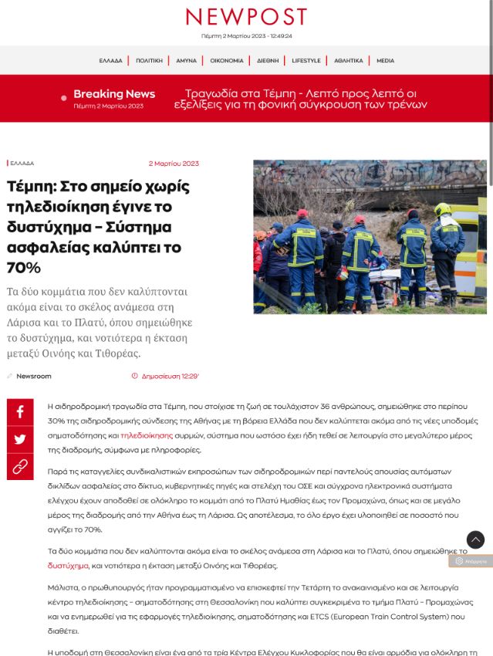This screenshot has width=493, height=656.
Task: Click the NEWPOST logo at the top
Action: coord(246,17)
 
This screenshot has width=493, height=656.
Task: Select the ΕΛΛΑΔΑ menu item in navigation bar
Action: coord(110,60)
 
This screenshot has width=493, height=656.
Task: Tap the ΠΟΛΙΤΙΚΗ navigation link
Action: coord(149,60)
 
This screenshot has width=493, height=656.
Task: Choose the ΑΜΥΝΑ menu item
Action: coord(186,60)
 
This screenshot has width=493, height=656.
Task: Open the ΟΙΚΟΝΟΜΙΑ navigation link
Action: coord(227,60)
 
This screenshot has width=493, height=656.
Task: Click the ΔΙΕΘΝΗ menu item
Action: coord(268,60)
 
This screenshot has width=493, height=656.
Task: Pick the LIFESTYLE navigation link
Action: coord(306,60)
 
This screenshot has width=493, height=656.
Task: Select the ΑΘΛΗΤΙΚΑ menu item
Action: coord(349,60)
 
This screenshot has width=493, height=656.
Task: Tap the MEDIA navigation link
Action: coord(385,60)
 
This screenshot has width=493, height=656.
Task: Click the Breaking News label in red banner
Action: coord(114,94)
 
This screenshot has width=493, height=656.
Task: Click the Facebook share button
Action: coord(20,412)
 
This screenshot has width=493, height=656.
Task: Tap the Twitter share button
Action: coord(20,439)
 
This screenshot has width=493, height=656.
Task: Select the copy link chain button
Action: coord(20,466)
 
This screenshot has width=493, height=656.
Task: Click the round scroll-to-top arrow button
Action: coord(475,539)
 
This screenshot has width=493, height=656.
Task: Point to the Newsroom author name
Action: coord(34,376)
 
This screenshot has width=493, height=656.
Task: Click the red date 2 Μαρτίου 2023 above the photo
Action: coord(174,164)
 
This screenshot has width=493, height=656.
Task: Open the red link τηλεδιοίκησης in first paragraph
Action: coord(146,435)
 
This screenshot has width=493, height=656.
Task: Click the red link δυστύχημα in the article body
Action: coord(68,566)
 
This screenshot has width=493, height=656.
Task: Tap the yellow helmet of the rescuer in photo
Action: coord(442,208)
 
